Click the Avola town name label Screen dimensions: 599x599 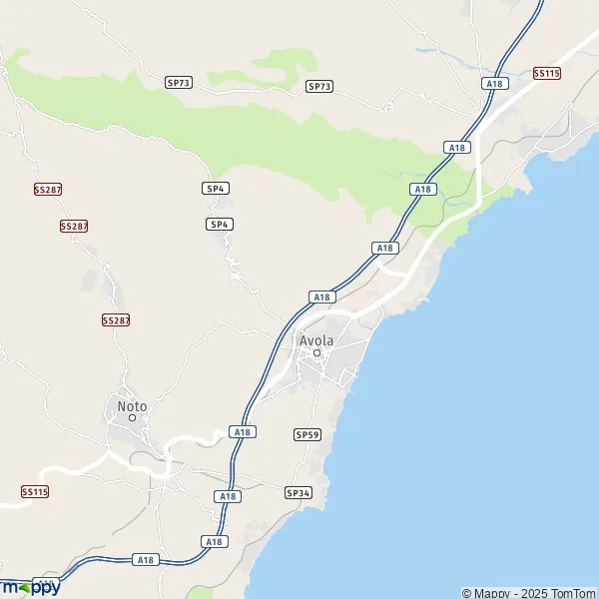(x=317, y=340)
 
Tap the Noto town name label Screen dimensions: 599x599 (x=132, y=405)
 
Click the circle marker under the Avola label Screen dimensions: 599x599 (x=317, y=353)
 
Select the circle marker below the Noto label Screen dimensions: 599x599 (x=132, y=417)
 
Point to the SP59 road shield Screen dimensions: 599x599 (x=305, y=435)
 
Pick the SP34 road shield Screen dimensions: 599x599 (x=298, y=493)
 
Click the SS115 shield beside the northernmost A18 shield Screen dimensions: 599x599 (x=547, y=73)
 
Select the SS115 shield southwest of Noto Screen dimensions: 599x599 (x=35, y=492)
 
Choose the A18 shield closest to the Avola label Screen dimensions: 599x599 (x=320, y=297)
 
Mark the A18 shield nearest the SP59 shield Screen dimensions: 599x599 (x=242, y=431)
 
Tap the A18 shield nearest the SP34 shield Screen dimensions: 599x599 (x=228, y=496)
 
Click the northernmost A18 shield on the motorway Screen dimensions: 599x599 (x=494, y=84)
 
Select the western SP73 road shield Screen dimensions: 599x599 (x=178, y=83)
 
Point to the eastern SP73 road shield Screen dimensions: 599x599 (x=318, y=87)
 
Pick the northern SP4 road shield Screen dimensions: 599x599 (x=215, y=188)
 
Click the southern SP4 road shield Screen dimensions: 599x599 (x=221, y=224)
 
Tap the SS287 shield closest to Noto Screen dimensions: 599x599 (x=116, y=319)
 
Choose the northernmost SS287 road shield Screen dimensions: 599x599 (x=46, y=189)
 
